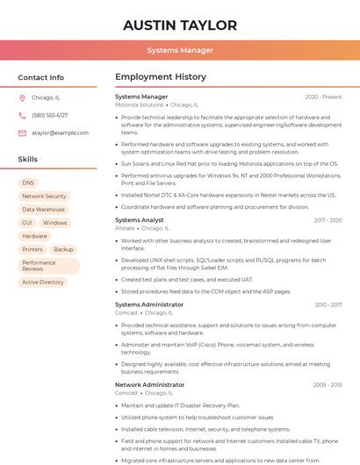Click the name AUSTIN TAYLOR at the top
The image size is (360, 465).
click(180, 25)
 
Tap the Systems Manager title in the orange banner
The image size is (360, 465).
click(180, 50)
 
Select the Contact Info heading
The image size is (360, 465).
click(41, 77)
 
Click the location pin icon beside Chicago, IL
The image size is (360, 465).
click(22, 98)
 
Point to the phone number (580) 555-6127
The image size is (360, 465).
click(49, 116)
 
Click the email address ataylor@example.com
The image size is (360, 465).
click(61, 133)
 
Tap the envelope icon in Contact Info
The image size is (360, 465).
click(22, 133)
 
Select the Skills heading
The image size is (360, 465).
click(28, 160)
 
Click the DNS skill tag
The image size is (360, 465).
click(28, 183)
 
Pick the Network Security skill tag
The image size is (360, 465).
click(44, 197)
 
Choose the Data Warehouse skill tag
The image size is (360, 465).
click(43, 210)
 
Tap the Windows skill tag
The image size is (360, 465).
click(54, 223)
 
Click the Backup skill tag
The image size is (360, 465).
click(63, 249)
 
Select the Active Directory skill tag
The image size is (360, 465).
click(43, 283)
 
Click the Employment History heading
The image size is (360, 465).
click(161, 77)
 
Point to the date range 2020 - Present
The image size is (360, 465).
click(323, 97)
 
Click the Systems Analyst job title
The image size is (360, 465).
click(140, 220)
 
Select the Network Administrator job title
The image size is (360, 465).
click(150, 384)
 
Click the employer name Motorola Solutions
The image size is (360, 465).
click(140, 105)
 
